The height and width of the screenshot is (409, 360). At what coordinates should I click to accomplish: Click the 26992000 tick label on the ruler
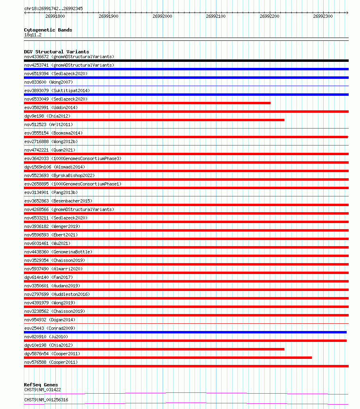pyautogui.click(x=162, y=17)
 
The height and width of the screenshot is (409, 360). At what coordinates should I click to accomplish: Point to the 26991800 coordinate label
pyautogui.click(x=55, y=17)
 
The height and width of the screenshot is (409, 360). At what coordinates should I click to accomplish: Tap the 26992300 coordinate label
pyautogui.click(x=323, y=17)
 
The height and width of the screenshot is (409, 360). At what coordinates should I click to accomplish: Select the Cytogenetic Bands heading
pyautogui.click(x=48, y=30)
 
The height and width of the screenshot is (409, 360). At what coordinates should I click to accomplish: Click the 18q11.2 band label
pyautogui.click(x=33, y=35)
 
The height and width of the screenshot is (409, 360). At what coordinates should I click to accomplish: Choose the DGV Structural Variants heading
pyautogui.click(x=56, y=52)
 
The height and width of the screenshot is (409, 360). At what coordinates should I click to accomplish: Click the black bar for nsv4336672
pyautogui.click(x=186, y=61)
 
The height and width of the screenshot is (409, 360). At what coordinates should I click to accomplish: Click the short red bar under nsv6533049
pyautogui.click(x=147, y=103)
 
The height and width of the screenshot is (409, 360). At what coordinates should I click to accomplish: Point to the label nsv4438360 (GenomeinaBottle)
pyautogui.click(x=58, y=252)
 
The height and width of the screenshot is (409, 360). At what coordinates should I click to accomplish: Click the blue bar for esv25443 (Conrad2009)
pyautogui.click(x=185, y=332)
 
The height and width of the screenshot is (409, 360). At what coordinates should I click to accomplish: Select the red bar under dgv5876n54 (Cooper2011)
pyautogui.click(x=168, y=358)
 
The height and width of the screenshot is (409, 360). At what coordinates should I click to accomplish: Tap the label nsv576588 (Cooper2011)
pyautogui.click(x=51, y=362)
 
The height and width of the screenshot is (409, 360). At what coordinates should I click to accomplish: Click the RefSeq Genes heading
pyautogui.click(x=41, y=385)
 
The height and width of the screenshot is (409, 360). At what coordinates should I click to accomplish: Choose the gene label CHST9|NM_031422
pyautogui.click(x=42, y=390)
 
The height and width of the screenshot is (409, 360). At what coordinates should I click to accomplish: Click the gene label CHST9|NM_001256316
pyautogui.click(x=46, y=400)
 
